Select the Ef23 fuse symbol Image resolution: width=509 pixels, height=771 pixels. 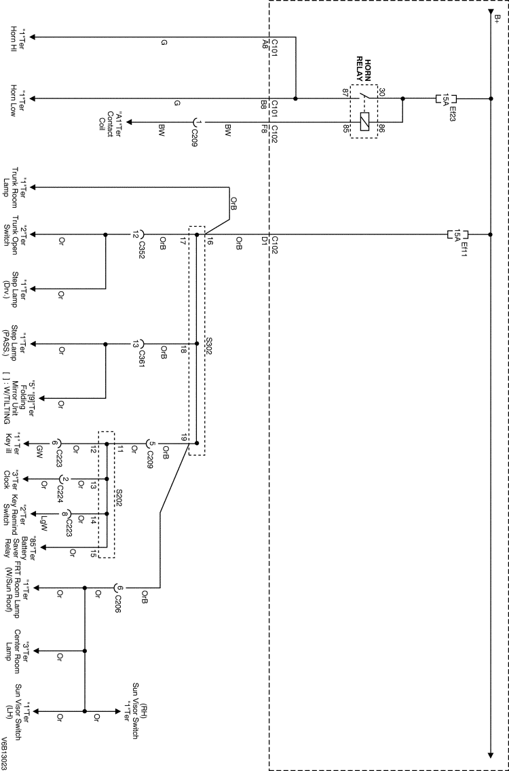[x=447, y=98]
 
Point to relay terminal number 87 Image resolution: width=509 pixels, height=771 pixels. [x=344, y=92]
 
